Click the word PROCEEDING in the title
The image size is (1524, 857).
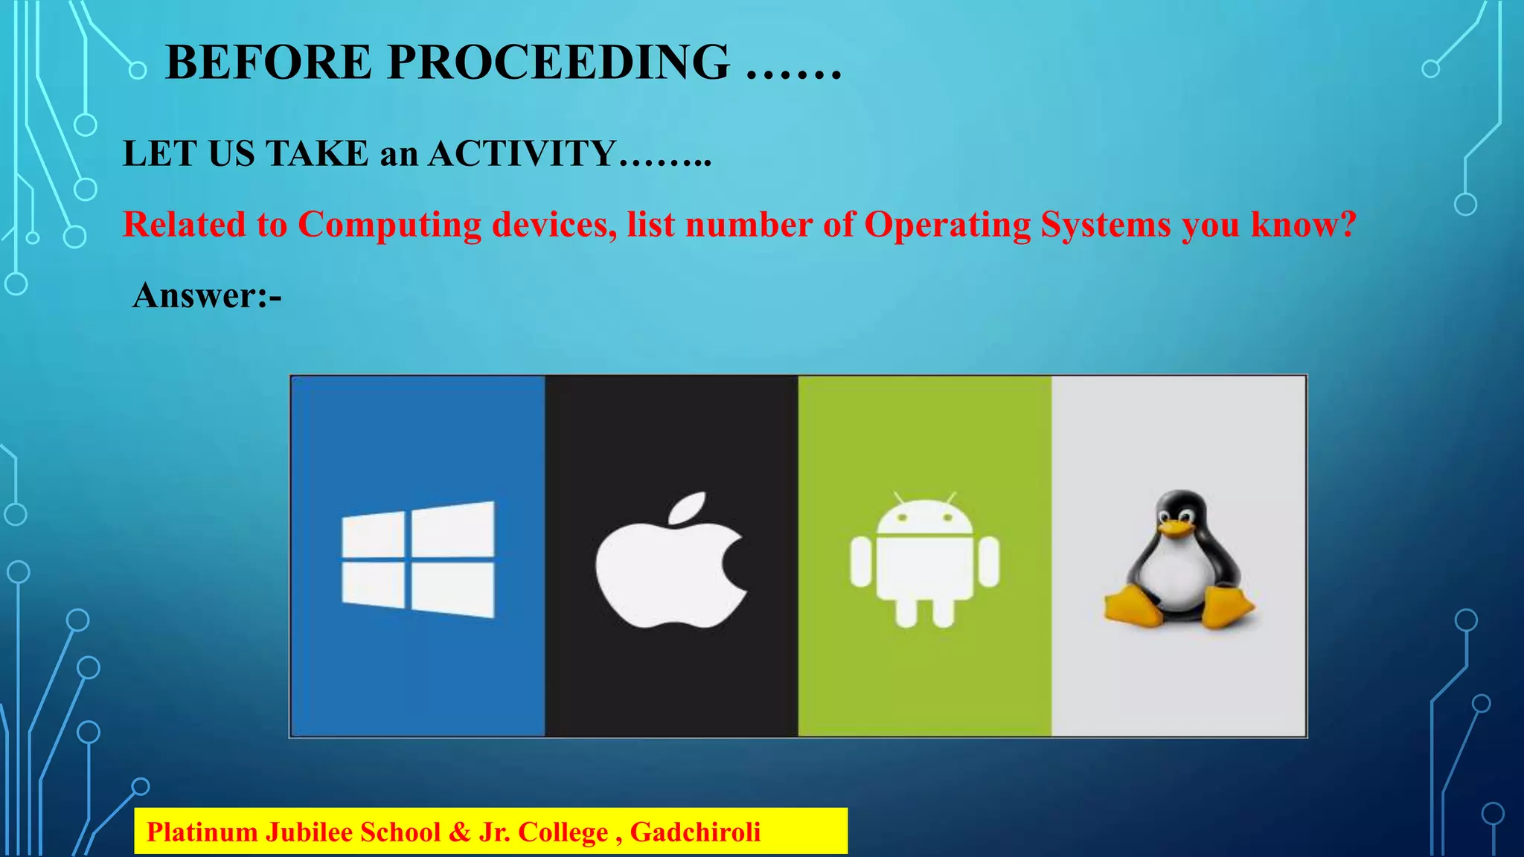click(558, 62)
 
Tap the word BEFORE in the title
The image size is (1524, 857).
click(268, 62)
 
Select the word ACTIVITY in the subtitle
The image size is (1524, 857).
click(522, 154)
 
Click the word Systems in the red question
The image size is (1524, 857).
click(1105, 225)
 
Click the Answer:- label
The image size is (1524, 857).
click(207, 295)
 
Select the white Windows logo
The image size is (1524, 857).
click(417, 559)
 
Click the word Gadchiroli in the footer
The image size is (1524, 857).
click(695, 832)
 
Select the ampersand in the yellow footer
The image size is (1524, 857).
click(459, 832)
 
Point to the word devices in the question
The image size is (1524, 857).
click(554, 225)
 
